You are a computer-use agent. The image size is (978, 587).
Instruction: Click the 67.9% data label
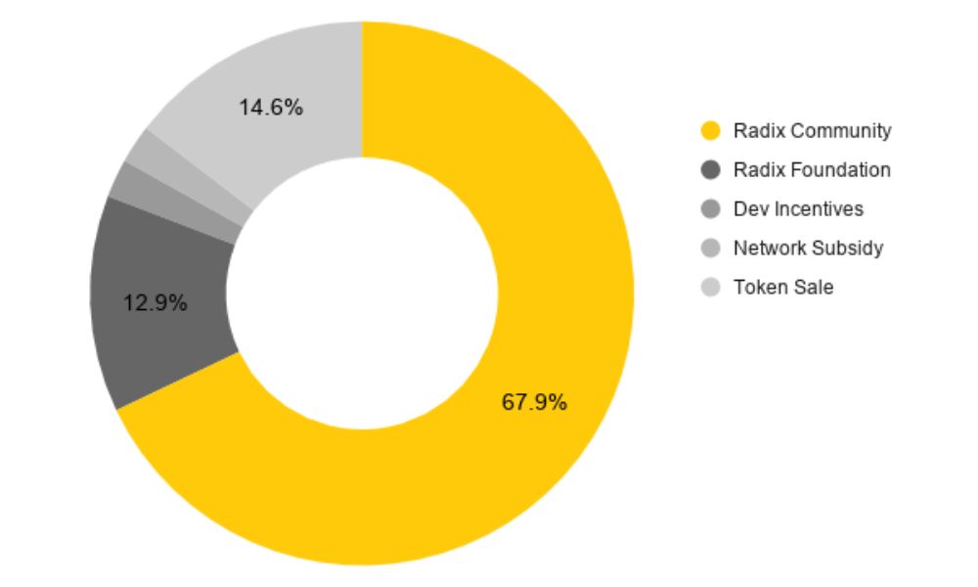tap(534, 402)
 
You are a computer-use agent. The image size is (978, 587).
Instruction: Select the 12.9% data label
tap(156, 303)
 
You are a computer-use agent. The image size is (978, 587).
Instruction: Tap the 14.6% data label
tap(271, 108)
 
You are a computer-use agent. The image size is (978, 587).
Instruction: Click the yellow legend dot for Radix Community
tap(712, 131)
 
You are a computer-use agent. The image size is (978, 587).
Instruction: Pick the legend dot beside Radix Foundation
tap(712, 170)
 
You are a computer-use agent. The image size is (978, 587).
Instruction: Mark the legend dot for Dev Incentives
tap(712, 209)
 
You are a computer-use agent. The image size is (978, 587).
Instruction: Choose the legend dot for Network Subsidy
tap(712, 248)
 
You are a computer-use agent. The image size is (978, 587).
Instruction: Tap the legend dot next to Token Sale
tap(712, 288)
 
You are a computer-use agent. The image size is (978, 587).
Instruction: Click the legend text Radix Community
tap(812, 131)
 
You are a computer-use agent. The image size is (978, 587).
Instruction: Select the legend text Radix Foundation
tap(812, 170)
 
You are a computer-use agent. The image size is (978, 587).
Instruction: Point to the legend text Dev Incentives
tap(798, 209)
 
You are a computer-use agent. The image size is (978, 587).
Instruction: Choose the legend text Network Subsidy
tap(808, 248)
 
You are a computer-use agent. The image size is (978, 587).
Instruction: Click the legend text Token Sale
tap(783, 288)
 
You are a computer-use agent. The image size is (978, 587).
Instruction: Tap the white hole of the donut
tap(362, 293)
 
